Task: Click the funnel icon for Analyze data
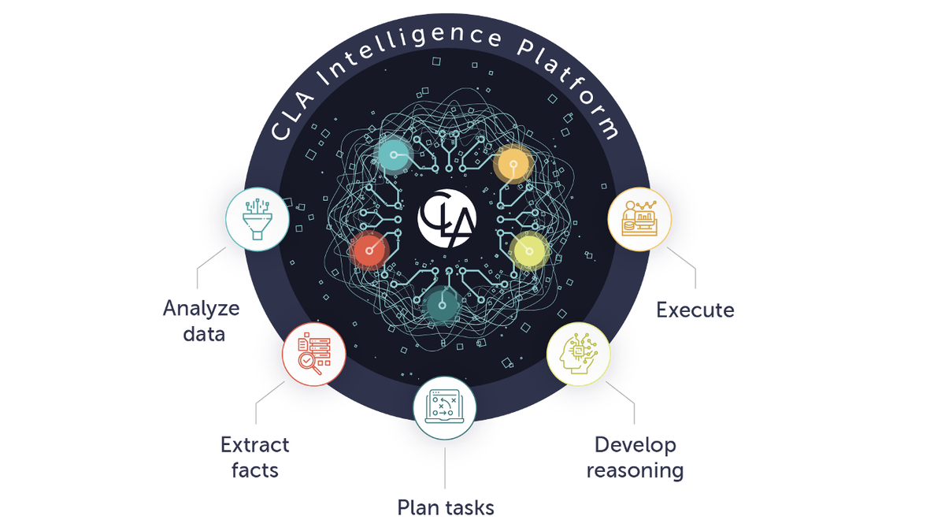(258, 220)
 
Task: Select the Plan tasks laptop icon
(445, 406)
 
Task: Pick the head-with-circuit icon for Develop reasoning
(578, 354)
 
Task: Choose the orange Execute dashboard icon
(639, 218)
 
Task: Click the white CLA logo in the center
(447, 218)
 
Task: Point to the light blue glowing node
(394, 155)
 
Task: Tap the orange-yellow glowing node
(513, 164)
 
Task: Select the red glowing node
(369, 251)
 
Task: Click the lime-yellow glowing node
(529, 251)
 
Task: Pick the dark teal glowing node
(442, 305)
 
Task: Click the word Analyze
(202, 310)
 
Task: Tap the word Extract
(255, 445)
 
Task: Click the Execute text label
(695, 310)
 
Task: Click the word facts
(255, 470)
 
